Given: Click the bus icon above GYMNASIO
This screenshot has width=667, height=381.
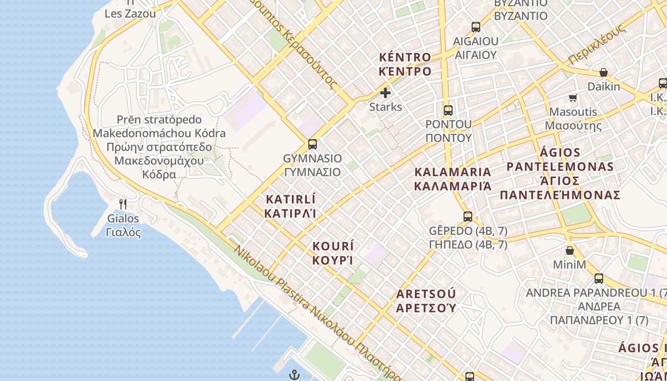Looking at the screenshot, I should coord(313,143).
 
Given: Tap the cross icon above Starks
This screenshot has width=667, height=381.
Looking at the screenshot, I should coord(385,92).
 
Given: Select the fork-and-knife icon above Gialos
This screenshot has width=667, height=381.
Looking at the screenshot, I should coord(123,204).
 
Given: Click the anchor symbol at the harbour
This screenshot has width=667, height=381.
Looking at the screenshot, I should coord(294,374).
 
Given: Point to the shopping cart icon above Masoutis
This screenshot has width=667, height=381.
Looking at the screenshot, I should coord(573,98).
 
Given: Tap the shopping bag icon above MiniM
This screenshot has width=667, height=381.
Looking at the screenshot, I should coord(569,250).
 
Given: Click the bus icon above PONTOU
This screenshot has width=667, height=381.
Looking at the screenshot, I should coord(448,110).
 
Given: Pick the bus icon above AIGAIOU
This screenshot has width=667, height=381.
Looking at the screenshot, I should coord(475,27).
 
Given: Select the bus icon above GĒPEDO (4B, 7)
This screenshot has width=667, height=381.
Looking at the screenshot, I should coord(468,217).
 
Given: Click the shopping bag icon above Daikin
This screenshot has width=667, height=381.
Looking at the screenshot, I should coord(603,72).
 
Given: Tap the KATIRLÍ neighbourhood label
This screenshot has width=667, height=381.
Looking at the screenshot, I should coord(291,206).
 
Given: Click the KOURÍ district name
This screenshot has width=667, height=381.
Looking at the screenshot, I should coord(333,253).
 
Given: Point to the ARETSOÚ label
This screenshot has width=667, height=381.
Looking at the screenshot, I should coord(426,300).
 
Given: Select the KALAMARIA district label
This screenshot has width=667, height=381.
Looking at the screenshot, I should coord(453,179).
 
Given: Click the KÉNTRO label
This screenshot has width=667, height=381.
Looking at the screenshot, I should coord(405,64).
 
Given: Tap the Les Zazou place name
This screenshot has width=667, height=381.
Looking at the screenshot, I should coord(130,13).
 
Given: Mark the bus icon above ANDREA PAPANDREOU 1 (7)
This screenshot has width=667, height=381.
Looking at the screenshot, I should coord(599,279).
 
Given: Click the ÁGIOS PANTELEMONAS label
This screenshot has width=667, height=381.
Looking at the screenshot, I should coord(560,174).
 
